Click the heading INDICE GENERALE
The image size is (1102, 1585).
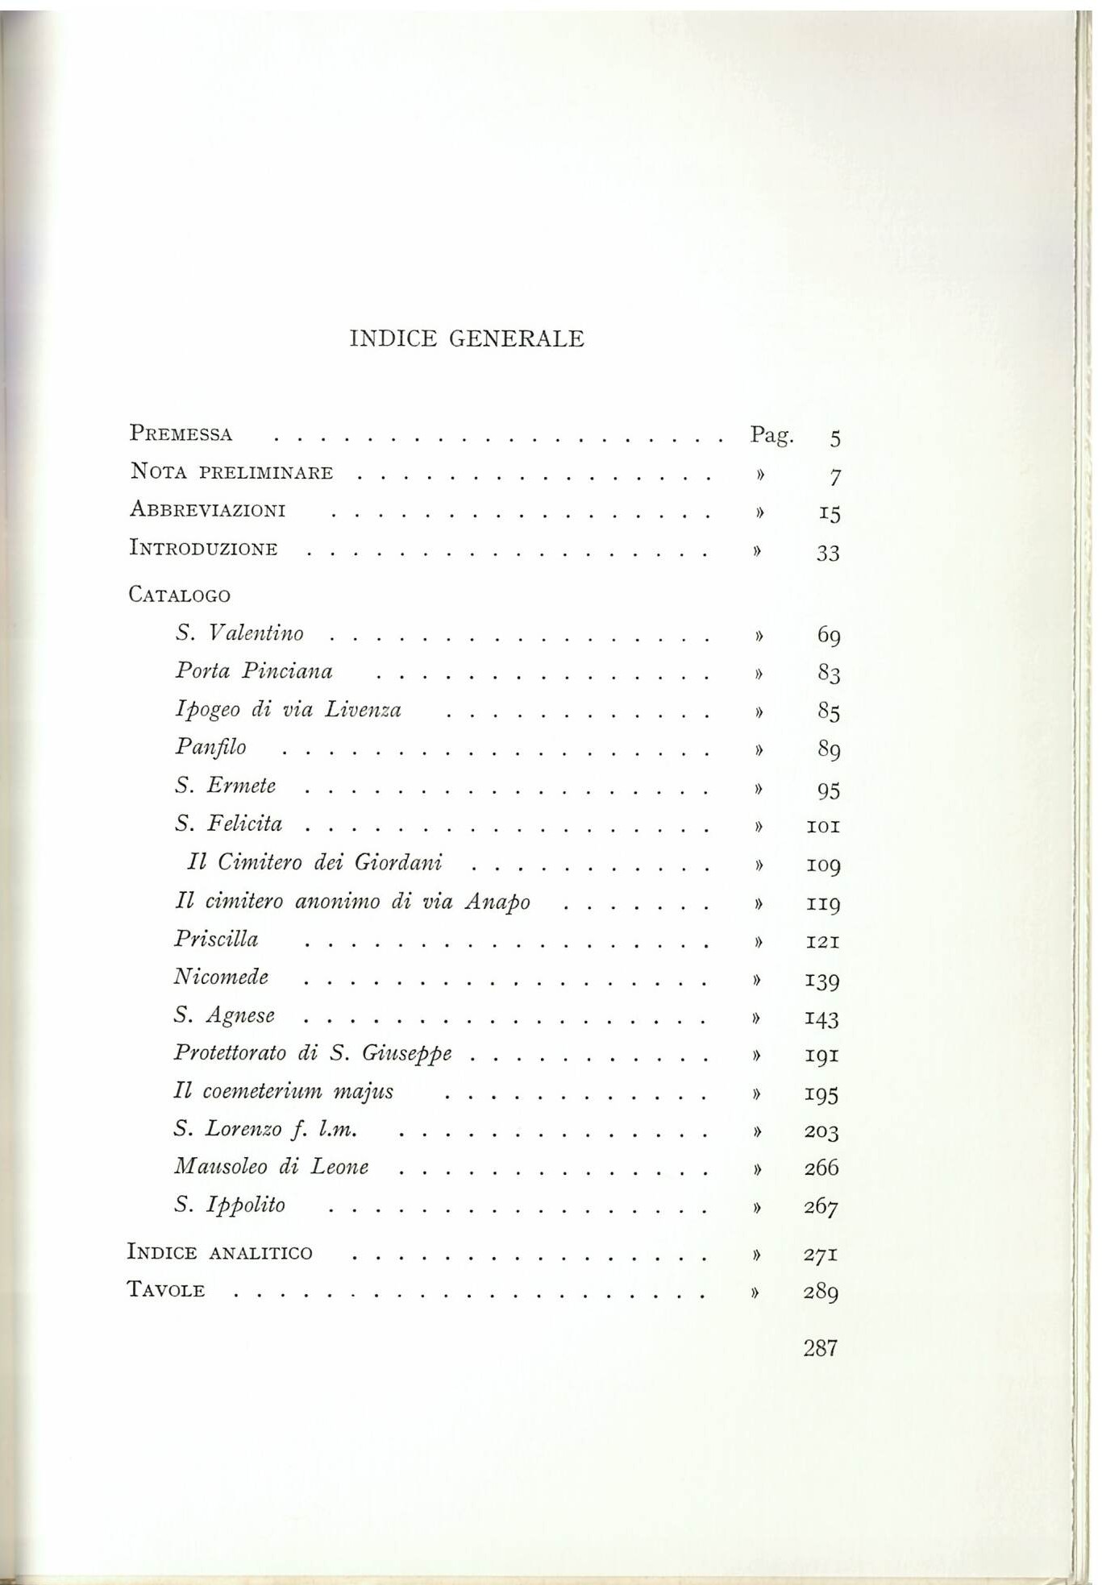click(467, 338)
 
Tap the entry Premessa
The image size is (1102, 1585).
click(181, 434)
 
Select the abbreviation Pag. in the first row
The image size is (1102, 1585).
click(771, 435)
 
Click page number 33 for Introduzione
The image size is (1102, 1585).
click(828, 553)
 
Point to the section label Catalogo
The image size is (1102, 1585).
click(179, 595)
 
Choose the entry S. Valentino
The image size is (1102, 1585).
click(239, 633)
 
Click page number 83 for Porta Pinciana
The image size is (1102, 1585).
click(828, 673)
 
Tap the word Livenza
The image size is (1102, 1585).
click(363, 710)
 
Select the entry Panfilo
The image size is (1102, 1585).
click(210, 748)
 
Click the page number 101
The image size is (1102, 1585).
click(823, 826)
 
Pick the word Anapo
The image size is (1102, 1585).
click(497, 902)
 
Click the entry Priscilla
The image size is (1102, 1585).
click(216, 940)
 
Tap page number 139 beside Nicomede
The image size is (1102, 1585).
click(822, 980)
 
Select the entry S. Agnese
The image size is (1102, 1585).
click(224, 1015)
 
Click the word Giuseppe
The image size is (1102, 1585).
click(406, 1054)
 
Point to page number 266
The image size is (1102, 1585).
click(821, 1168)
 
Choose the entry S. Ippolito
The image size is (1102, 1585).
click(230, 1205)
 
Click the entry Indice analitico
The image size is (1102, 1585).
click(219, 1252)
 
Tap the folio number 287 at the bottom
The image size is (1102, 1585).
click(820, 1348)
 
